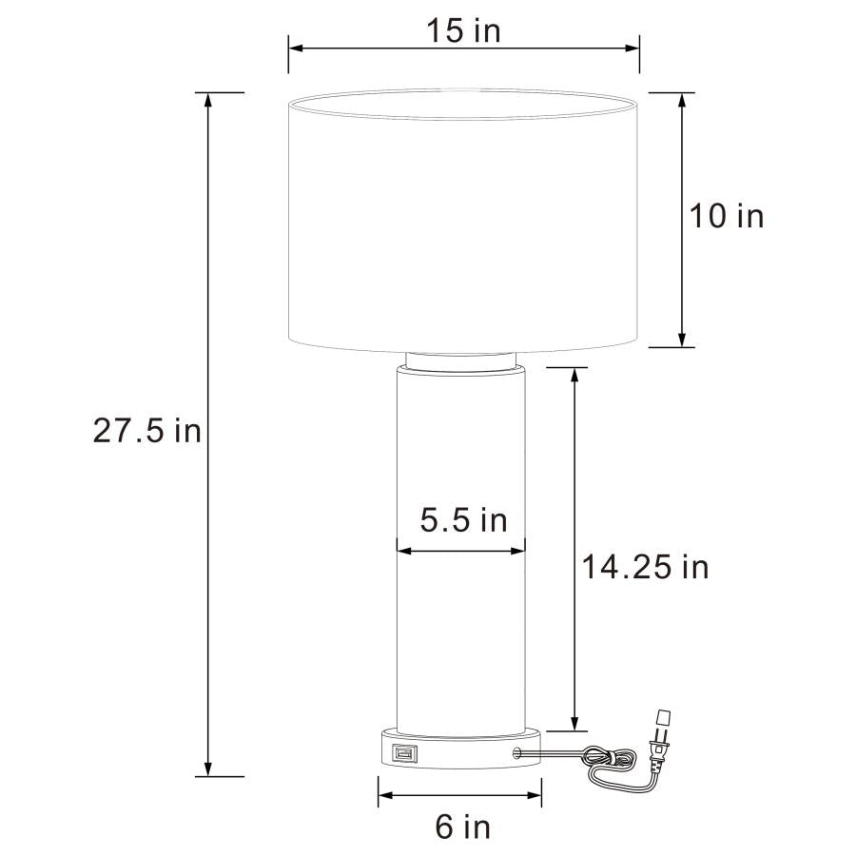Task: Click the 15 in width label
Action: [x=462, y=30]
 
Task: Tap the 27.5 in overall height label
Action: [x=147, y=431]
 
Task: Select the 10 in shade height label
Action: [x=727, y=216]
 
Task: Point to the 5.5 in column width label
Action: [x=463, y=520]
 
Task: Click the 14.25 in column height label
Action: [x=646, y=568]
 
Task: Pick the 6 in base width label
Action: [x=463, y=827]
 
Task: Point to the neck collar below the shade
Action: [x=463, y=360]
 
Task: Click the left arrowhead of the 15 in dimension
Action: [x=295, y=46]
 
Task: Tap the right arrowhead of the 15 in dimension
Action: [x=632, y=46]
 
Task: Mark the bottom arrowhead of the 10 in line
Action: [x=682, y=340]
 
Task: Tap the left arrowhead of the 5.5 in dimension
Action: [x=402, y=550]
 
